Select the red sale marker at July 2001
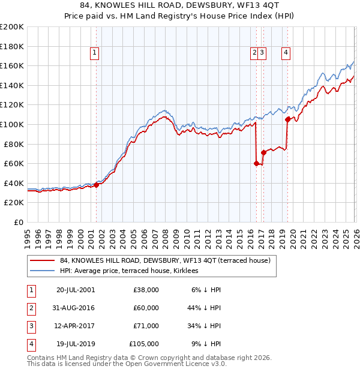[97, 185]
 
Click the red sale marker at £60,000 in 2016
[257, 163]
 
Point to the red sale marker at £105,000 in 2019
[288, 119]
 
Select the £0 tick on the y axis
[18, 222]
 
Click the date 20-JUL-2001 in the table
[75, 290]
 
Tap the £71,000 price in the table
[146, 326]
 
